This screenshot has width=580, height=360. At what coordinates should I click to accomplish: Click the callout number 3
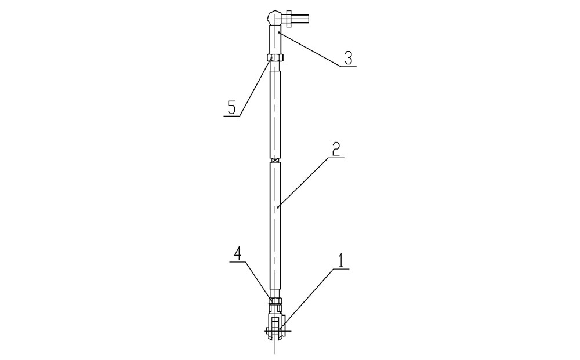348,58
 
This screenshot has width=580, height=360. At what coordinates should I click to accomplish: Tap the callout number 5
231,108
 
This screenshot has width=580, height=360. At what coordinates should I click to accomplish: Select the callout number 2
336,149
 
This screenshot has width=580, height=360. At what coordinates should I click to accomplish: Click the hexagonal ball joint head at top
274,17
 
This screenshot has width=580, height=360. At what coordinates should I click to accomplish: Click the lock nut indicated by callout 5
275,57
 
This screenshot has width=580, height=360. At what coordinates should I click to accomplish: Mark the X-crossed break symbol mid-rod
275,160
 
